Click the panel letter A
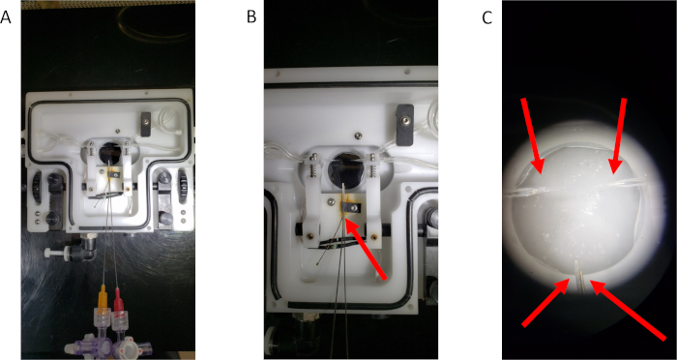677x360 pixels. pos(6,17)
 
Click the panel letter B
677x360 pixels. pos(251,17)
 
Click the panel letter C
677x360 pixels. pos(487,17)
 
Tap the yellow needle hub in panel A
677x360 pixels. pos(103,299)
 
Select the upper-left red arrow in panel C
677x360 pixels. pos(532,136)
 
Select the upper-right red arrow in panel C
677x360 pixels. pos(617,136)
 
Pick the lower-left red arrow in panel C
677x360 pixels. pos(545,302)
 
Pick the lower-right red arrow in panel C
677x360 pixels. pos(629,310)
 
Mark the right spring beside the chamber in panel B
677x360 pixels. pos(371,169)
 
